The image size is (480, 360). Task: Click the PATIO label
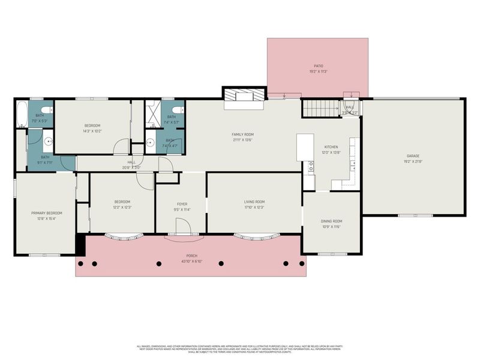click(318, 66)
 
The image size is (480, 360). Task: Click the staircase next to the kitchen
click(320, 109)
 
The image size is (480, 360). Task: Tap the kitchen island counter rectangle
click(305, 147)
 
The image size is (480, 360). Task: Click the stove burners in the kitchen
click(311, 167)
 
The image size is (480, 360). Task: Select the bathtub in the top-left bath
click(22, 114)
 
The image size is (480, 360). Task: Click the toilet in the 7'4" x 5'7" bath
click(178, 105)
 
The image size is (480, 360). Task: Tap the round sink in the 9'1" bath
click(49, 143)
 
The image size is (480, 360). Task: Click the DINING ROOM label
click(331, 221)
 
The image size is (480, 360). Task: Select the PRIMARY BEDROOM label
click(47, 213)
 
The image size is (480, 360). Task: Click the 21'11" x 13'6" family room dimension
click(243, 140)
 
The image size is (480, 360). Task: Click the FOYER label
click(182, 205)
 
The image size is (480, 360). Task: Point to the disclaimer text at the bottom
click(240, 348)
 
